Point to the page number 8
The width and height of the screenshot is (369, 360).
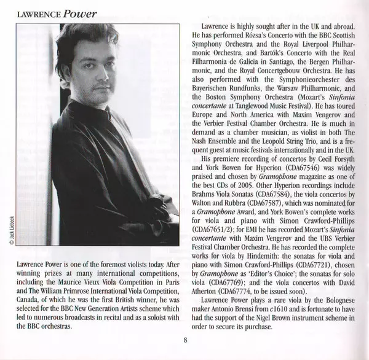[184, 342]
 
